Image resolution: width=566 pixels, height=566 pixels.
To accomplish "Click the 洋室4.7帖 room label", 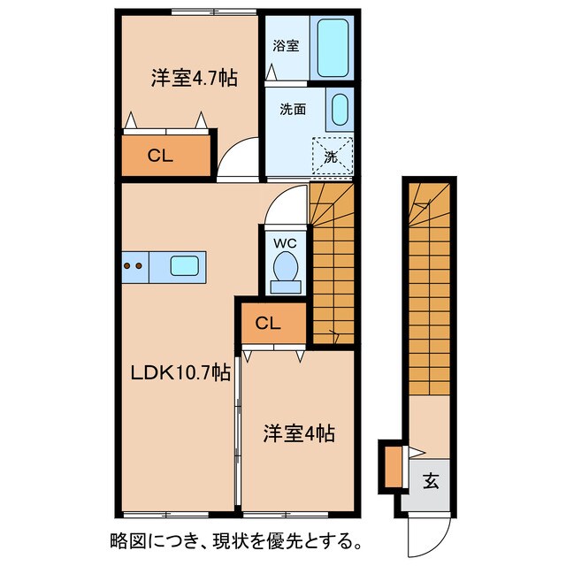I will click(x=193, y=78).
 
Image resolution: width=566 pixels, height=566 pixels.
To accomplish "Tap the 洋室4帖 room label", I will click(x=298, y=434).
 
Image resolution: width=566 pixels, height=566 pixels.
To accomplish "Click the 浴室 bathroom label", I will click(x=284, y=45).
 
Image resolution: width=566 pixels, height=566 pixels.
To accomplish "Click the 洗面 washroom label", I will click(x=293, y=110).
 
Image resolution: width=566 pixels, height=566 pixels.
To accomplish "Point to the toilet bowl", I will click(x=285, y=268).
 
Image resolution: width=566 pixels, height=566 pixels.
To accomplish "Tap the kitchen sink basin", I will click(x=184, y=264).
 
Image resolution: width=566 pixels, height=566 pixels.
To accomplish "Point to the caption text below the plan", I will click(x=235, y=540).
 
